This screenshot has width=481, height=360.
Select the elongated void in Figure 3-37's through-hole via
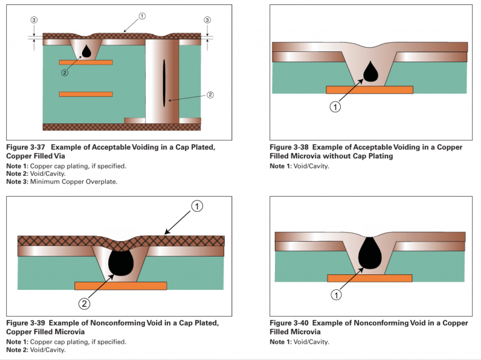164,82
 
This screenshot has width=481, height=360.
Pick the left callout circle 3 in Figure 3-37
34,20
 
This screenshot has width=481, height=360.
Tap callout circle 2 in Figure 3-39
85,304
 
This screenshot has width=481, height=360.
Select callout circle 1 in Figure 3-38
335,108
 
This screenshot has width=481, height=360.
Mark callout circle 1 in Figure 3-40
336,294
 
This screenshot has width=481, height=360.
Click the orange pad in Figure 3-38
370,90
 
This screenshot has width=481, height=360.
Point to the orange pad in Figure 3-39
120,285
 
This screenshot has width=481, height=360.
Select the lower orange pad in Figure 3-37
86,94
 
